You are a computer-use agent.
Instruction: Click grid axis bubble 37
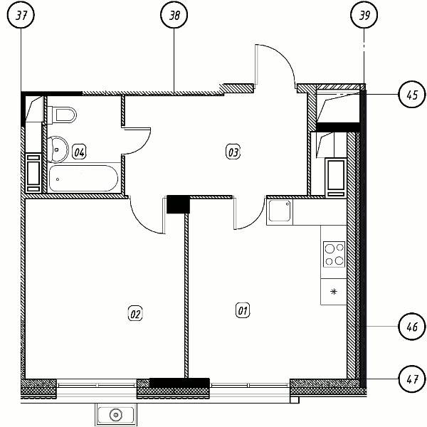(21, 15)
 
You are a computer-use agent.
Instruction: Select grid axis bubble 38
(174, 15)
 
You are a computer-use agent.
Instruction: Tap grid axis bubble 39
(364, 15)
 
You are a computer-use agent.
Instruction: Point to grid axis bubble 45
(412, 94)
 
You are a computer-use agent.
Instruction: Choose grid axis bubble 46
(412, 326)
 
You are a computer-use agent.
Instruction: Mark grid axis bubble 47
(412, 379)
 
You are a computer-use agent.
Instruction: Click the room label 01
(243, 310)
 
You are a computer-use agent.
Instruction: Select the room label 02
(135, 314)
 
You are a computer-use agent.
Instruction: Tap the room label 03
(233, 152)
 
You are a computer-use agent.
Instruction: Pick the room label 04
(79, 152)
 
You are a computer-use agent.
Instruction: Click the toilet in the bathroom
(62, 115)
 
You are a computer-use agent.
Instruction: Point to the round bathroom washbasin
(58, 149)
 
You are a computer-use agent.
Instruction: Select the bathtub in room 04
(83, 179)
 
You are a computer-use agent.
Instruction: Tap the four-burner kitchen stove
(334, 254)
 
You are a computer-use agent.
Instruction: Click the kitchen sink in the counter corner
(280, 211)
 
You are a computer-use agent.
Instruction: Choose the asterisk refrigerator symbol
(334, 292)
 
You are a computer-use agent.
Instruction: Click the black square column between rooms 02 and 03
(178, 204)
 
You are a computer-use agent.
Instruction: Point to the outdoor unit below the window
(116, 414)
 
